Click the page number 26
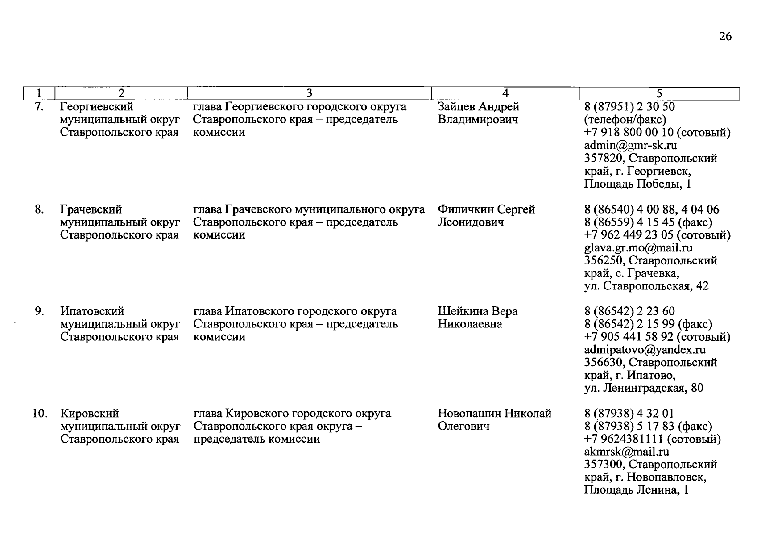(725, 36)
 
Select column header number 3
(309, 93)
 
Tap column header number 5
(659, 93)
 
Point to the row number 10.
(39, 414)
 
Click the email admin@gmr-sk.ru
(630, 145)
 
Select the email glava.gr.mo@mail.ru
(638, 247)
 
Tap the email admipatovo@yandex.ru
(645, 349)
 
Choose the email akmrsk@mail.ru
(626, 452)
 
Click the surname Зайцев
(457, 107)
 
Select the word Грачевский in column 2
(91, 209)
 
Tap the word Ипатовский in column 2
(92, 311)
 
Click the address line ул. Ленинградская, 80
(644, 388)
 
